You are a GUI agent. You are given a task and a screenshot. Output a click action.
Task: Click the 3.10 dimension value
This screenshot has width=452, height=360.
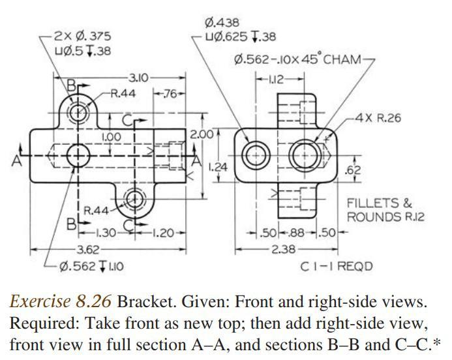(x=138, y=78)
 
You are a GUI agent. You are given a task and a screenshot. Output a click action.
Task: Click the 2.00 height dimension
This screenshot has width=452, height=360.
(x=202, y=134)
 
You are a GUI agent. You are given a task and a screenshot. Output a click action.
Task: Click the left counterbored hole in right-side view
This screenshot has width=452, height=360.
(x=254, y=156)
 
